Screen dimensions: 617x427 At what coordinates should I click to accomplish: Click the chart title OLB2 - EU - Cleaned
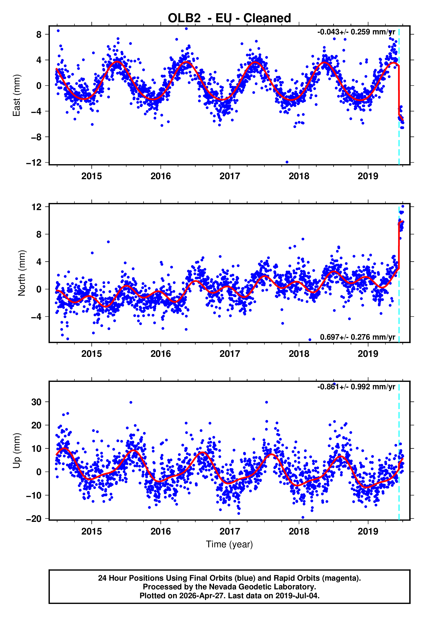click(x=229, y=18)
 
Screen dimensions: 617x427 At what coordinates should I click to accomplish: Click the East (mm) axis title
click(x=17, y=95)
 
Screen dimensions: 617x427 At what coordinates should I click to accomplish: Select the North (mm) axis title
click(x=21, y=273)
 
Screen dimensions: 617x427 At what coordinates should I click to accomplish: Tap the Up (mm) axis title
click(x=17, y=450)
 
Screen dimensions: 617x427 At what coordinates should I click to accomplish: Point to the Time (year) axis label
click(x=229, y=544)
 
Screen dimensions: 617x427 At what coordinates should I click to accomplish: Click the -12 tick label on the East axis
click(x=34, y=163)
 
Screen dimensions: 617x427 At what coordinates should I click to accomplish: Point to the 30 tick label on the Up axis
click(x=37, y=402)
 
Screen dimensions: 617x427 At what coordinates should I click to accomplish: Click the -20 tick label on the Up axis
click(x=34, y=519)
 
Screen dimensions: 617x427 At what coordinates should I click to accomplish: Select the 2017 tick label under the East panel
click(x=230, y=176)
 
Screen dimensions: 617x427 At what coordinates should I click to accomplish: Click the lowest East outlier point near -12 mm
click(x=287, y=162)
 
